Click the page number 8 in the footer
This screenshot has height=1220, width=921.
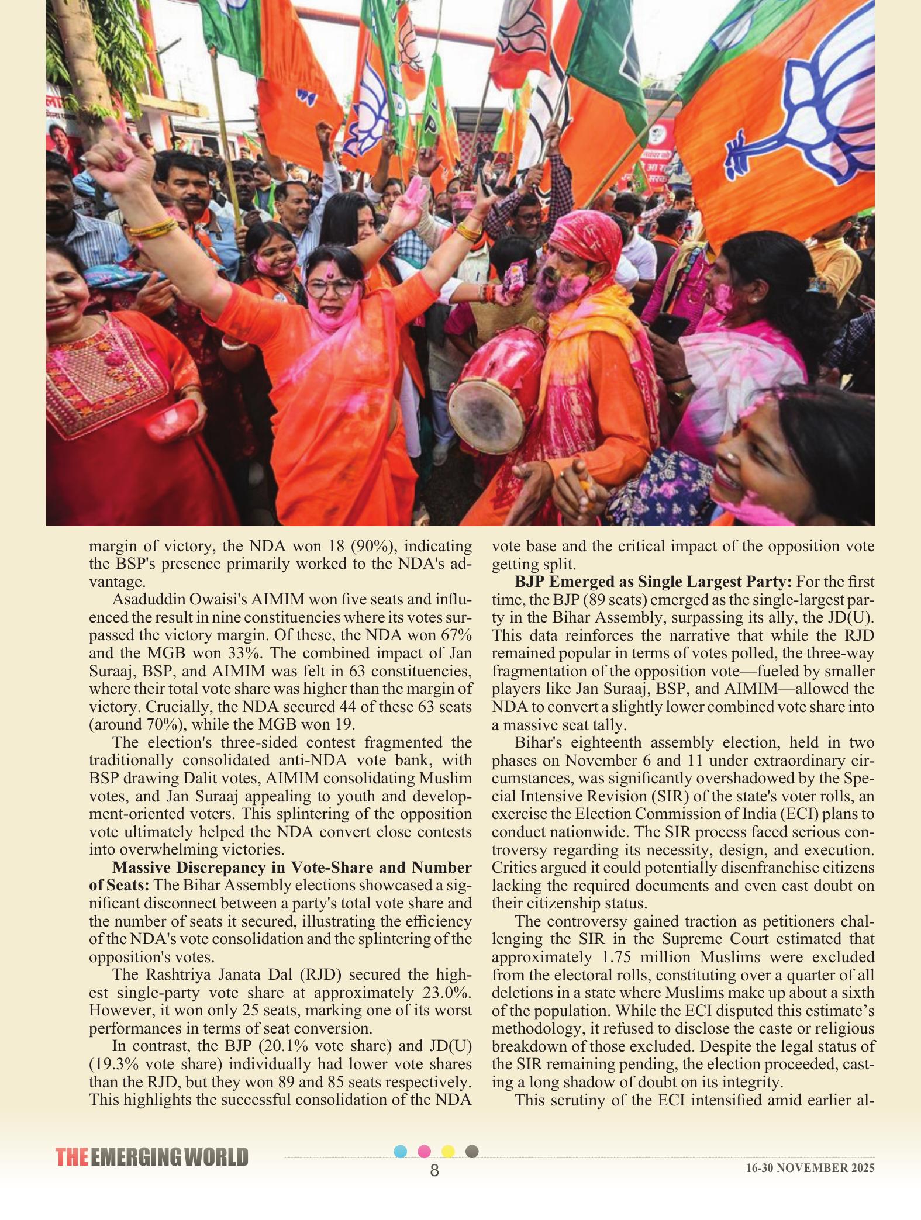(x=434, y=1170)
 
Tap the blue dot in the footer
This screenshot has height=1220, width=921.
(x=401, y=1152)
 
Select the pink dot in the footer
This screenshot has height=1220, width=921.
(x=425, y=1152)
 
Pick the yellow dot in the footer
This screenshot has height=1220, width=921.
(x=448, y=1152)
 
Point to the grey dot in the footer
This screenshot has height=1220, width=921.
(x=472, y=1151)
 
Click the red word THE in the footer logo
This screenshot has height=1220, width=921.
(x=72, y=1157)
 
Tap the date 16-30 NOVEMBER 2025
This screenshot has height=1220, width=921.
(x=810, y=1168)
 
